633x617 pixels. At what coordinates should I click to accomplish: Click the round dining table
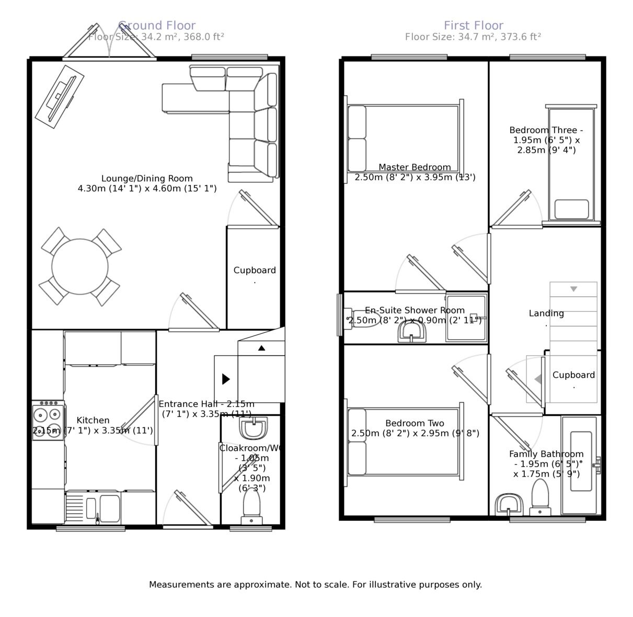click(80, 266)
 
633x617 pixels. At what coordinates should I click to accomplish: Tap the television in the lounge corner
click(60, 97)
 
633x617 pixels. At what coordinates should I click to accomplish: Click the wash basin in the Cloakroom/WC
click(254, 428)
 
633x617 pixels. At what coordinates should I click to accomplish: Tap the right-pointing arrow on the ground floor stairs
click(226, 379)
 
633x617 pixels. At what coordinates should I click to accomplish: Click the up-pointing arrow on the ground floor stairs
click(261, 348)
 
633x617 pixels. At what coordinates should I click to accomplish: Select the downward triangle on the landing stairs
click(573, 289)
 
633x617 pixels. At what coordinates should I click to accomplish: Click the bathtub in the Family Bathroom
click(581, 461)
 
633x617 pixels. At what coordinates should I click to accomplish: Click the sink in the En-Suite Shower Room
click(412, 332)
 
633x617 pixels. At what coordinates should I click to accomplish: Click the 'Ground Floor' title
click(157, 25)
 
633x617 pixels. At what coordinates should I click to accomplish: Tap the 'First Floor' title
click(474, 25)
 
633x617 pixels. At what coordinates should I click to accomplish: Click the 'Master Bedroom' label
click(415, 167)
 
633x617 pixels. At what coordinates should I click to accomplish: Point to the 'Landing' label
click(546, 313)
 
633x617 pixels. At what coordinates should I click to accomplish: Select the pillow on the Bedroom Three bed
click(571, 209)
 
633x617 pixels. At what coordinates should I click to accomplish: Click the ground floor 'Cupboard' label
click(255, 270)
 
